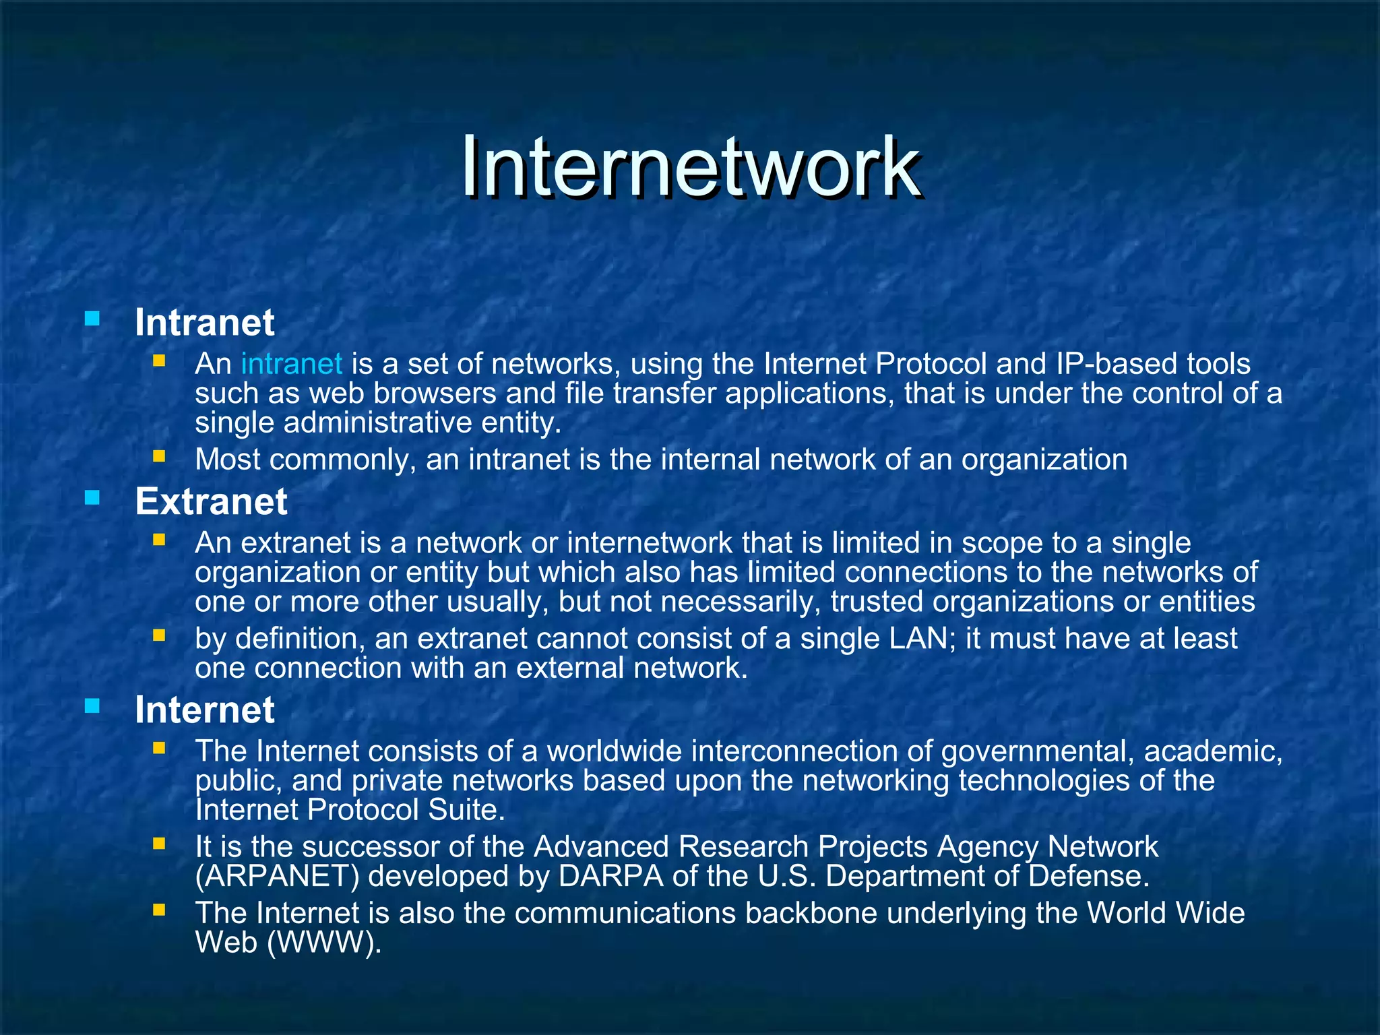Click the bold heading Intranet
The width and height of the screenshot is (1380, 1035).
pyautogui.click(x=204, y=322)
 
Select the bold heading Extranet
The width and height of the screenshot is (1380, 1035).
pyautogui.click(x=211, y=501)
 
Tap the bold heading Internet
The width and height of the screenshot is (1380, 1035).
pyautogui.click(x=204, y=710)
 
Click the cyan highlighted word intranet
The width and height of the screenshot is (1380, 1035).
pyautogui.click(x=291, y=364)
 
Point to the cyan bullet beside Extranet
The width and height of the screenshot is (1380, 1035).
pyautogui.click(x=92, y=498)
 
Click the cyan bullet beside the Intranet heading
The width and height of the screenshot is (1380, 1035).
pyautogui.click(x=92, y=318)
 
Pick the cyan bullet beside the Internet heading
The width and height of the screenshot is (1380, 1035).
pyautogui.click(x=92, y=705)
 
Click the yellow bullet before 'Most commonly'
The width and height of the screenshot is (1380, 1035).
pyautogui.click(x=159, y=457)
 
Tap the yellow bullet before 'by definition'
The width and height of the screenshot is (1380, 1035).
pyautogui.click(x=159, y=635)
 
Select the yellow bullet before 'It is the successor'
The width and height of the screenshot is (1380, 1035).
pyautogui.click(x=159, y=844)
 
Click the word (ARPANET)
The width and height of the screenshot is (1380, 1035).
pyautogui.click(x=277, y=876)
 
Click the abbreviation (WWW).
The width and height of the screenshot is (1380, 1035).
pyautogui.click(x=324, y=943)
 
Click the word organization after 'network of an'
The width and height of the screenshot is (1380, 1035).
pyautogui.click(x=1044, y=460)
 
